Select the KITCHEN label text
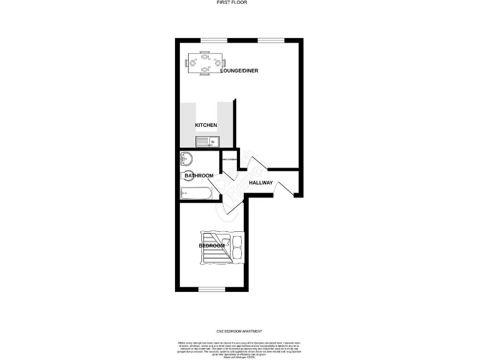click(206, 126)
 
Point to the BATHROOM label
click(199, 176)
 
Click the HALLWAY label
click(261, 182)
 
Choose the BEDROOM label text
click(212, 246)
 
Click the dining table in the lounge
click(204, 63)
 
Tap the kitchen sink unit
click(206, 142)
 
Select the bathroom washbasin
click(186, 159)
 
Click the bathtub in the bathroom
click(196, 194)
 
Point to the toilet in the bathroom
click(186, 176)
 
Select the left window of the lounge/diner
click(214, 40)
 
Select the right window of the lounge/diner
click(271, 40)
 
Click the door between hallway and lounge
click(257, 162)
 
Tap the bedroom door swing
click(234, 206)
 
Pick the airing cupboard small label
click(229, 160)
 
